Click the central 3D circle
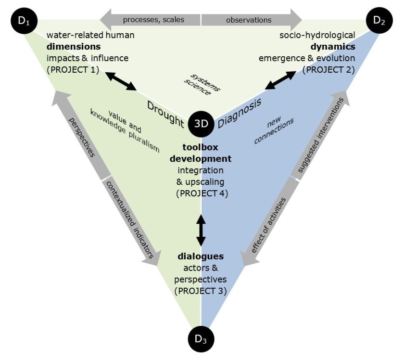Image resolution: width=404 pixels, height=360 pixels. [201, 123]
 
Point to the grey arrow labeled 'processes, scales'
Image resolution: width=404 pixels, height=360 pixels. [149, 20]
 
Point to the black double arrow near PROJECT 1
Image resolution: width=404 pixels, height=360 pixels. [121, 80]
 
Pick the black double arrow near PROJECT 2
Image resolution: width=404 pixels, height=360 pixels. [281, 80]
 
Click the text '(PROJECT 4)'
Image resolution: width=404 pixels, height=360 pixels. [201, 193]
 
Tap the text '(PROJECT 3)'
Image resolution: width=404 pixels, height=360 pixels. [201, 291]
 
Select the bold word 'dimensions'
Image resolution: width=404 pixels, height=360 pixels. [74, 47]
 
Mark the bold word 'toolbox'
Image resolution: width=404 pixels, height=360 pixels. [201, 146]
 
